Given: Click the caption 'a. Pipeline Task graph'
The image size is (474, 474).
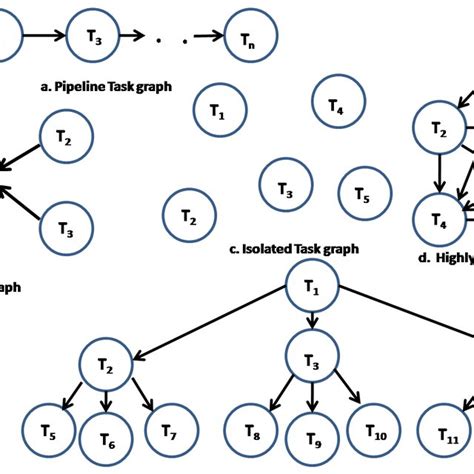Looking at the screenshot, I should [x=106, y=86].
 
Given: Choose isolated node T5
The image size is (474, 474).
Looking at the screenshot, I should [x=363, y=194].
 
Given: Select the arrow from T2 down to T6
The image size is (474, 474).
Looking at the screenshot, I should [x=106, y=400].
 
